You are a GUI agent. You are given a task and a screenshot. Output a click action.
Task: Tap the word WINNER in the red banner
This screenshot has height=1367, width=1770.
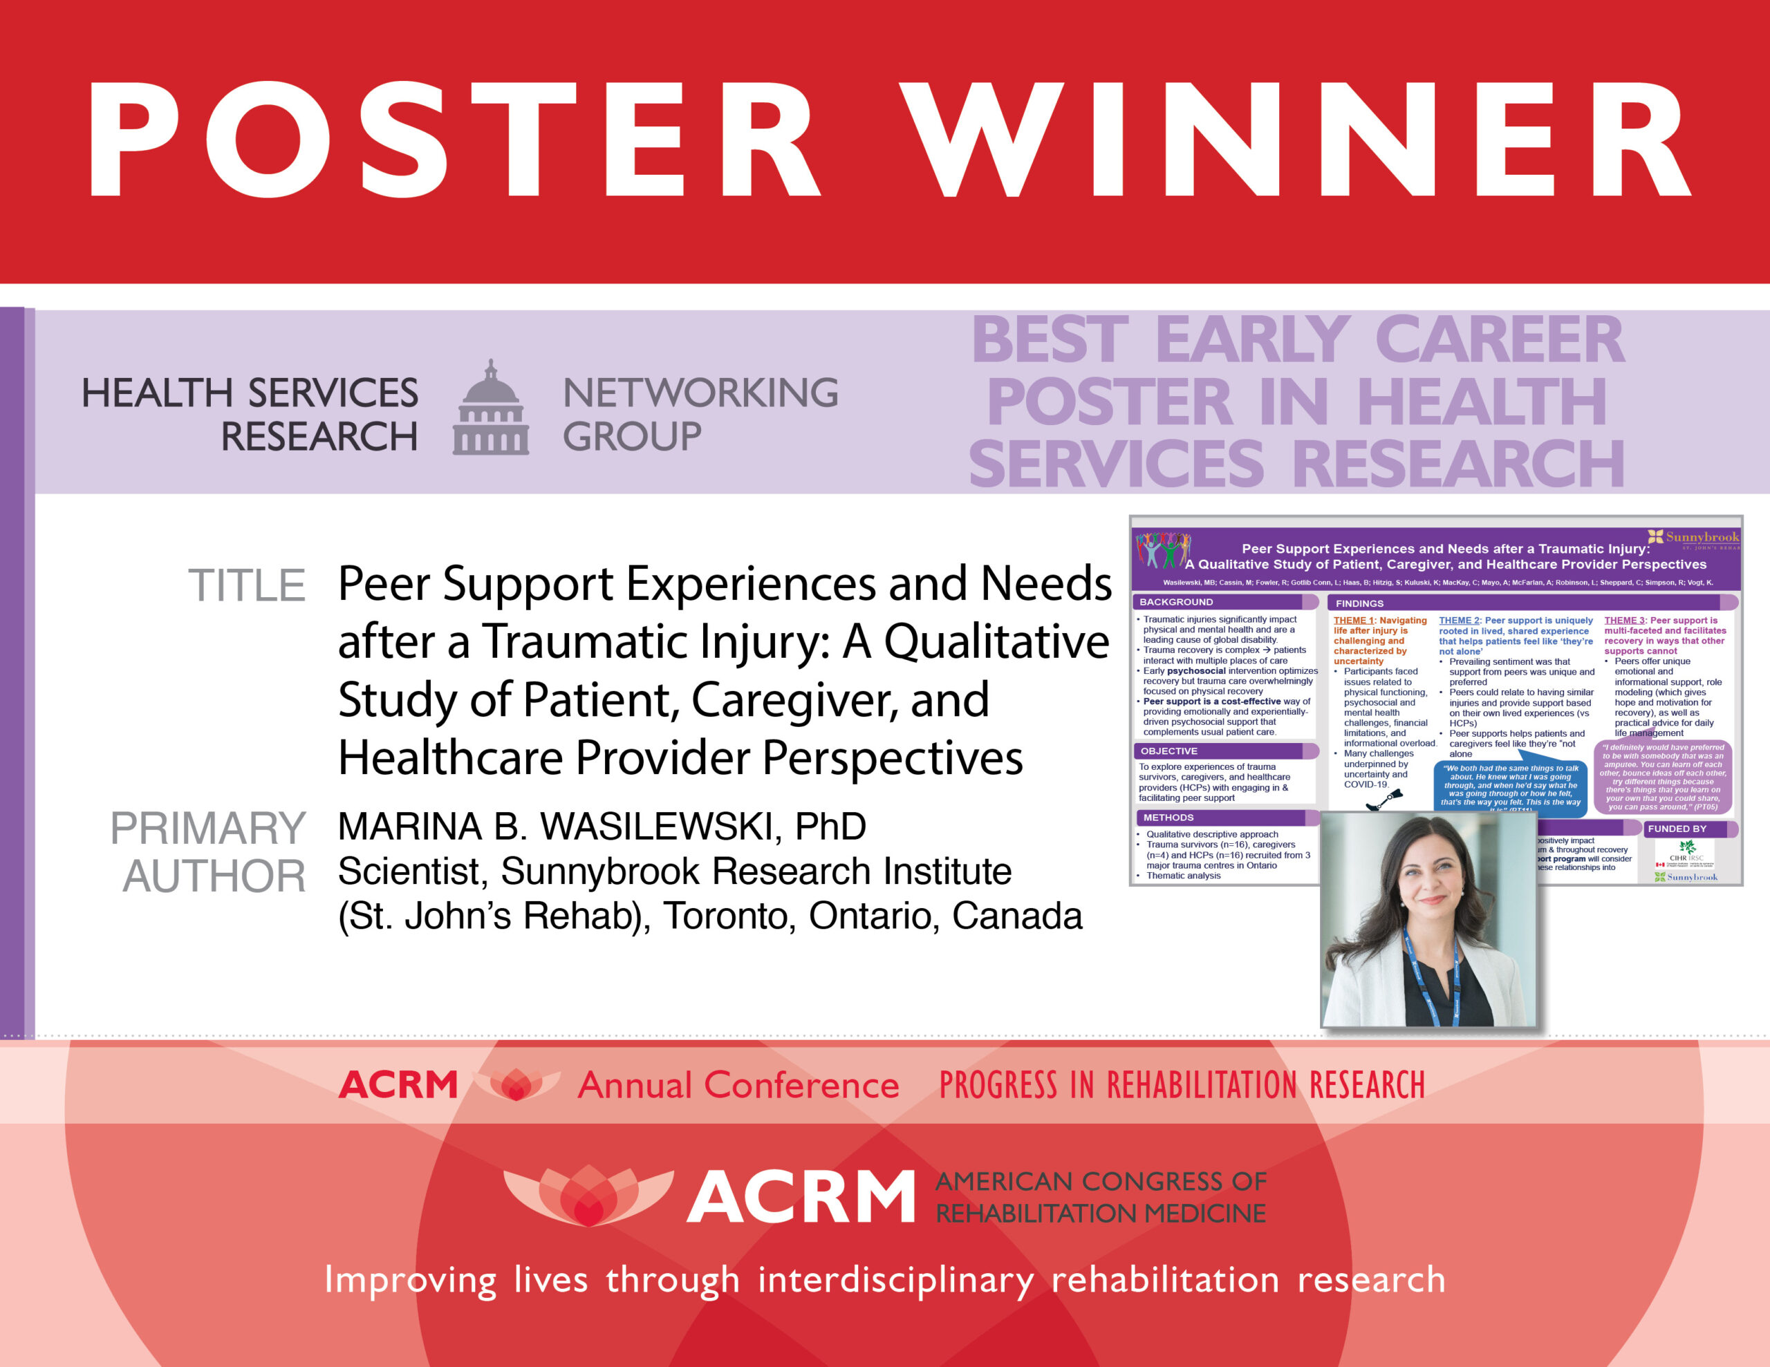(x=1296, y=140)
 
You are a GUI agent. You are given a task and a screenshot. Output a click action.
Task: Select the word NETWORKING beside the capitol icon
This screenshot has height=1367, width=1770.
(x=700, y=393)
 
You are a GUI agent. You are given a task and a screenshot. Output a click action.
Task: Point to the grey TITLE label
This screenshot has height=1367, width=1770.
(x=246, y=586)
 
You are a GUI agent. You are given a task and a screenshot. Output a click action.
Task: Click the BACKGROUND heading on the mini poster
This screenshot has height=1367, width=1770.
(x=1176, y=602)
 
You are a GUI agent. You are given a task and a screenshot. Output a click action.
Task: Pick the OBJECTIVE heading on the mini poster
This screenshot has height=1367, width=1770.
(x=1168, y=751)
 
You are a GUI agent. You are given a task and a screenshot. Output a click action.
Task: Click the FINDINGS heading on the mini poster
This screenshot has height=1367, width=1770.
(x=1359, y=603)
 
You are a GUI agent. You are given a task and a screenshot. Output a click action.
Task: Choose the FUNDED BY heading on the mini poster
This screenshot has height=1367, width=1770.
(x=1677, y=828)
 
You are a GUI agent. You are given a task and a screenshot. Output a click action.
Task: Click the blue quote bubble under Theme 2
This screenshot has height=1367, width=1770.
(x=1511, y=784)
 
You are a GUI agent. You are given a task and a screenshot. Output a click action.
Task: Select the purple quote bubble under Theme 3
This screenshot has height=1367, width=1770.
(x=1662, y=776)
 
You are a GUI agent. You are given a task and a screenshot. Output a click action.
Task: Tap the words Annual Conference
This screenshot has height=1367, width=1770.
(x=738, y=1085)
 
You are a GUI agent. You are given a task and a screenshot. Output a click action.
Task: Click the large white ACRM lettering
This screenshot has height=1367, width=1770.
(x=801, y=1197)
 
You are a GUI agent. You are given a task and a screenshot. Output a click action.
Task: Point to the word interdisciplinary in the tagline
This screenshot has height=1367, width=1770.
(x=895, y=1281)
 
